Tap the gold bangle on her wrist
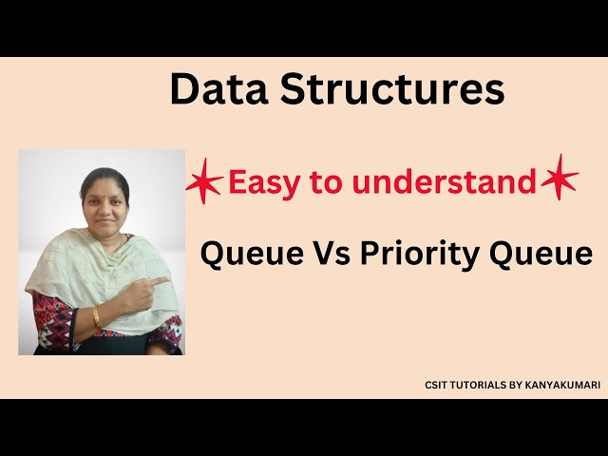pyautogui.click(x=97, y=316)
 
